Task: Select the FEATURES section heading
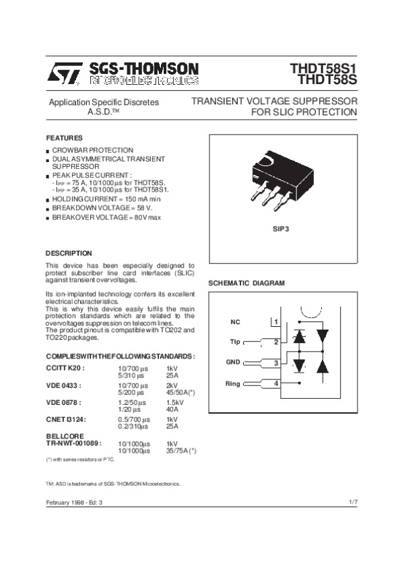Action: point(64,137)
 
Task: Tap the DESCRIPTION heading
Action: point(68,253)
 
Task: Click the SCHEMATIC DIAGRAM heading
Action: point(246,283)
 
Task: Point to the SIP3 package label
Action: point(281,229)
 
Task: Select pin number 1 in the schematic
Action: point(276,322)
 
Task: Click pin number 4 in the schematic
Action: point(276,383)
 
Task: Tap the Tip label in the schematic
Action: point(235,342)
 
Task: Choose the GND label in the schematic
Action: point(233,363)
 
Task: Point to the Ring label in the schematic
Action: point(233,383)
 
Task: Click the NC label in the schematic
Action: point(235,322)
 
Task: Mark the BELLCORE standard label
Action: point(65,436)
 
